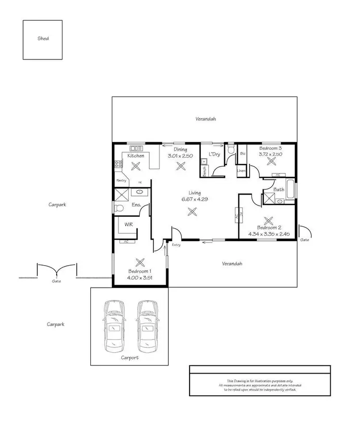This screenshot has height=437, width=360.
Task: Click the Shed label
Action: [43, 39]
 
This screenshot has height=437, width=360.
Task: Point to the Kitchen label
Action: [136, 156]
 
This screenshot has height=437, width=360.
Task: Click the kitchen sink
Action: [136, 148]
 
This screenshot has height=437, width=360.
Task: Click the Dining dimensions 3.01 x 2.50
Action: [180, 157]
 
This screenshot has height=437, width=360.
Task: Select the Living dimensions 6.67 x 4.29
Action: [194, 199]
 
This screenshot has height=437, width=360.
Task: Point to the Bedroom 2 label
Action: [269, 228]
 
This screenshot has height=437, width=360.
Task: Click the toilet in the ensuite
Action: [118, 207]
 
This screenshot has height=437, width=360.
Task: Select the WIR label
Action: [129, 224]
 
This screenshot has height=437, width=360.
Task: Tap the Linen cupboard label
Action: [241, 171]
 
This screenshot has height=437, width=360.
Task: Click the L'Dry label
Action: [214, 155]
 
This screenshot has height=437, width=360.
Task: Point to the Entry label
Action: [176, 245]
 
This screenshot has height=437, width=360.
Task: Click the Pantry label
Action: [121, 181]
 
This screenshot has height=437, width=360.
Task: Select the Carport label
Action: [130, 358]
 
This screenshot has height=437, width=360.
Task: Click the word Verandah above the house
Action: [204, 118]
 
